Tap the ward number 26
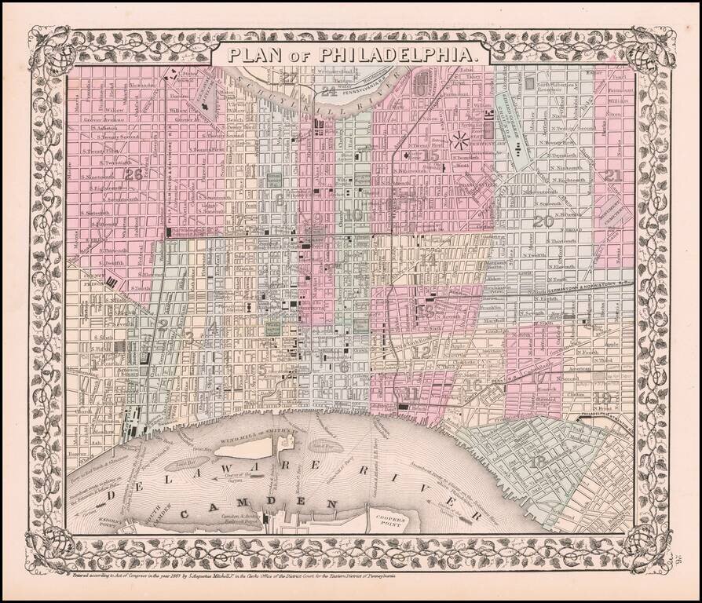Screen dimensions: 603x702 133,174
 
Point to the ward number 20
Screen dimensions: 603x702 543,221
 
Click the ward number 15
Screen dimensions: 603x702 430,155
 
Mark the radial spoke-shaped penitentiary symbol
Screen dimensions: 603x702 460,142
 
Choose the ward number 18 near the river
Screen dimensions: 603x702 539,463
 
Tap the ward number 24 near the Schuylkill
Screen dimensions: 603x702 328,92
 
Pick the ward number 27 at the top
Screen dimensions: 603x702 291,77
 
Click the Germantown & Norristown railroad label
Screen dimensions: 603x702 585,288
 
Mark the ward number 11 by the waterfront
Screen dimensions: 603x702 411,393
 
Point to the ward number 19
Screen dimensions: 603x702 604,397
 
